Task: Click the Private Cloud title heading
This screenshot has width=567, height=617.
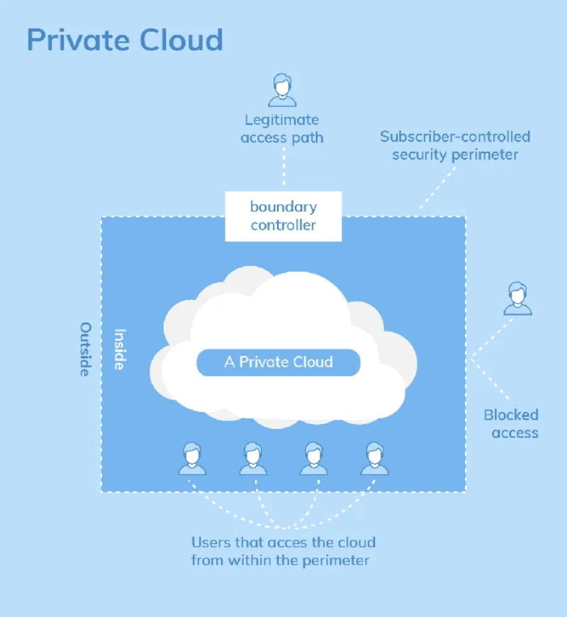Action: click(125, 40)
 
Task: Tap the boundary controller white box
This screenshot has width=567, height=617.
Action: click(283, 216)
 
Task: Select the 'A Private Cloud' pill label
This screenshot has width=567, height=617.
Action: click(279, 362)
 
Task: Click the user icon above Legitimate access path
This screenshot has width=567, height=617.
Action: click(282, 90)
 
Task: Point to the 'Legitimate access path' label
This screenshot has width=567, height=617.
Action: click(281, 128)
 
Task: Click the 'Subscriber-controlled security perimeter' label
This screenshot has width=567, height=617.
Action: click(455, 145)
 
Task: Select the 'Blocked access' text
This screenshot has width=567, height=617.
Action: click(511, 423)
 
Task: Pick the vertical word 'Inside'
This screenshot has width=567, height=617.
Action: click(120, 348)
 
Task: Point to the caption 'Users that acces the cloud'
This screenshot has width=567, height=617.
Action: click(283, 543)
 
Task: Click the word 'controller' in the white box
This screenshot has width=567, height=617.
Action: click(283, 226)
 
